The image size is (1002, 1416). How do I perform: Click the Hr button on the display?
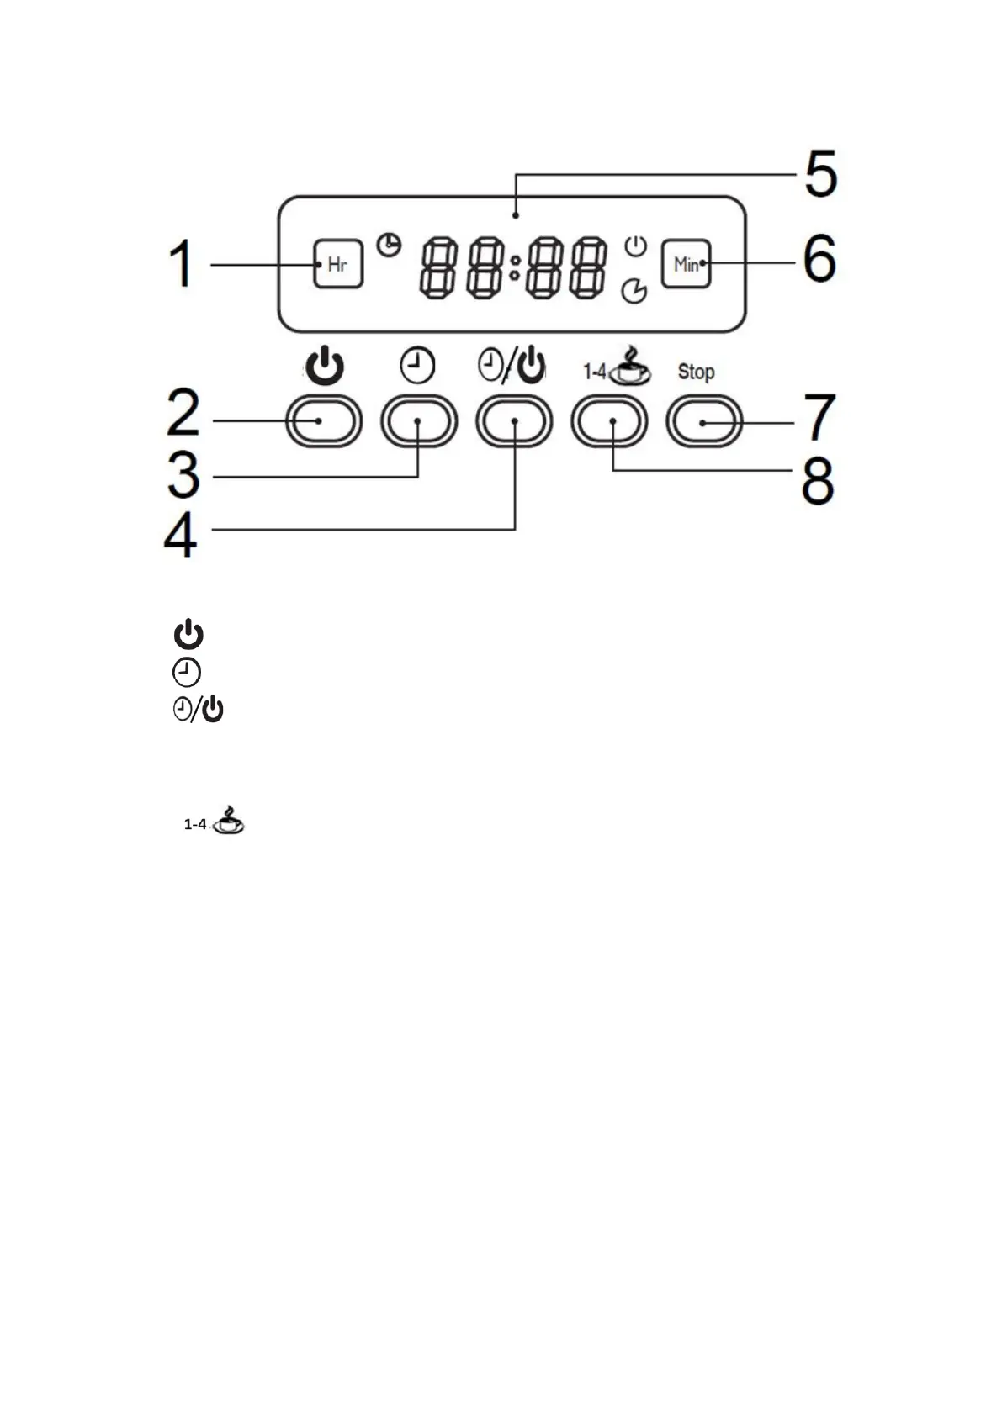338,264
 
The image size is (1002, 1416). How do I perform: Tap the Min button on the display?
686,264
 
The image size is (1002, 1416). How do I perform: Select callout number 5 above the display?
820,174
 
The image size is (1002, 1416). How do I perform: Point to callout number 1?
181,264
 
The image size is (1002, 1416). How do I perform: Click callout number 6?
819,259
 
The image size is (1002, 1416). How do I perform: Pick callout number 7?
819,418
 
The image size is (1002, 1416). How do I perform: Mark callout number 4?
180,535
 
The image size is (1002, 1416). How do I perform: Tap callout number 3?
183,475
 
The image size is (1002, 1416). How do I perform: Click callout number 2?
183,413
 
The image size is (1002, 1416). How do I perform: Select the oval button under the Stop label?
704,421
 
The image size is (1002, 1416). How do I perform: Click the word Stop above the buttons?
696,372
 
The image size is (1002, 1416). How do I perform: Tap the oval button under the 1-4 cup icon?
609,421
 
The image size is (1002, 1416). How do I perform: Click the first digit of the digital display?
438,267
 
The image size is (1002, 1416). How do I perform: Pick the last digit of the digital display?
587,267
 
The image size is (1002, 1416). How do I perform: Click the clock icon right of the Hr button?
389,245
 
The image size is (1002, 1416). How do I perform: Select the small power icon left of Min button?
635,247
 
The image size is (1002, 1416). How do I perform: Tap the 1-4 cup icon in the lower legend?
215,821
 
